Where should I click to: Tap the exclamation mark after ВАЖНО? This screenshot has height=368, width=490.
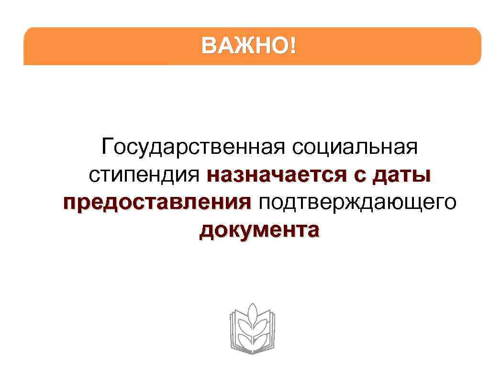pyautogui.click(x=292, y=46)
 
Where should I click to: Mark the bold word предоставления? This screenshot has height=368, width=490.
pyautogui.click(x=157, y=203)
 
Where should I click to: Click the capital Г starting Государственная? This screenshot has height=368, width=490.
pyautogui.click(x=107, y=146)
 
